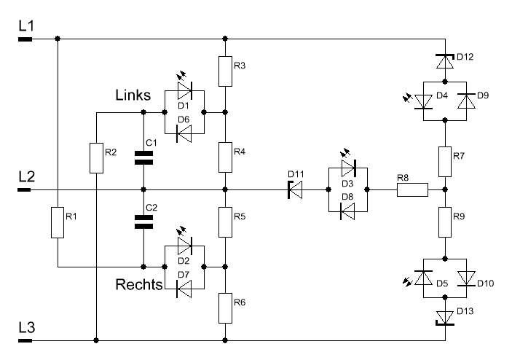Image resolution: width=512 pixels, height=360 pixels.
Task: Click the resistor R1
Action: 57,223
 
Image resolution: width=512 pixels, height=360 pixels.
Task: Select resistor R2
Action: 95,158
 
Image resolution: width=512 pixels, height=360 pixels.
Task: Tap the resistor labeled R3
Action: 226,69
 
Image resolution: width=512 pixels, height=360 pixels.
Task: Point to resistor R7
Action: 444,157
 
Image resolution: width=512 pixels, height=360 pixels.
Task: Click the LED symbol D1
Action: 183,91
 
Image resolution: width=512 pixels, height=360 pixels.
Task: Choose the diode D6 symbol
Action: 183,133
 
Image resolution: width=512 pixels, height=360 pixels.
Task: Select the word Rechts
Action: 138,286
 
